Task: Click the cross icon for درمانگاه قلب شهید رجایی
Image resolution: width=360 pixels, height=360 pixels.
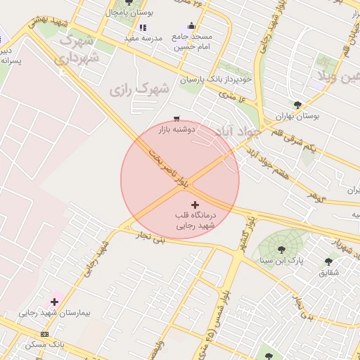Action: point(195,204)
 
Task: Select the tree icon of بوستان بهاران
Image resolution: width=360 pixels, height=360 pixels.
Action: point(297,105)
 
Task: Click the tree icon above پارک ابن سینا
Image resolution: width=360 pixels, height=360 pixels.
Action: point(281,249)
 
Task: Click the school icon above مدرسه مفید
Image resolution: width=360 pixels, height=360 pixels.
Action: point(143,27)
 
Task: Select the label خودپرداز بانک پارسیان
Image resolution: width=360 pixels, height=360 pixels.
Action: point(221,79)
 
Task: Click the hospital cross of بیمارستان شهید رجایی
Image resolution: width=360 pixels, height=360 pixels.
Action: point(54,302)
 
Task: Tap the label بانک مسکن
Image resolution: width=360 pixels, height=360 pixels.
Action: point(44,345)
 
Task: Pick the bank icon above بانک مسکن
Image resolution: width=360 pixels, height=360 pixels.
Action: point(45,334)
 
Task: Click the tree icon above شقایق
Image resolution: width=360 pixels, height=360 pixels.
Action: point(328,262)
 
